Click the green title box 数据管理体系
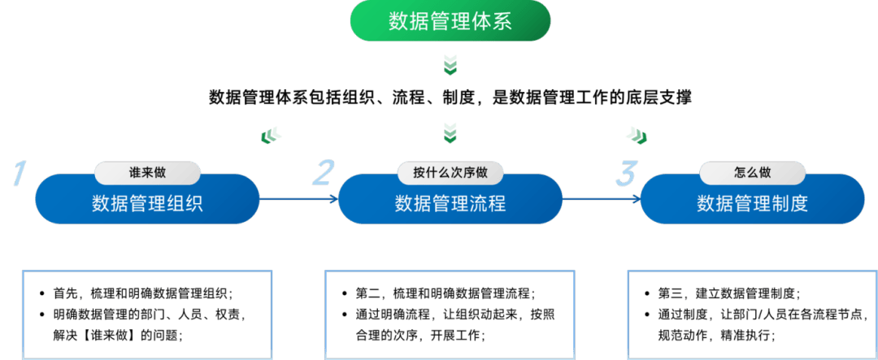pyautogui.click(x=450, y=21)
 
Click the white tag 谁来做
pyautogui.click(x=147, y=172)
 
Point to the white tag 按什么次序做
pyautogui.click(x=450, y=172)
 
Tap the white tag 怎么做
pyautogui.click(x=752, y=172)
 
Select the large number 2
pyautogui.click(x=324, y=173)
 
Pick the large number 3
pyautogui.click(x=627, y=173)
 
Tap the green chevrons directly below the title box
pyautogui.click(x=450, y=64)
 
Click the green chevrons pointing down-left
pyautogui.click(x=271, y=134)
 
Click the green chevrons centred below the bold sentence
pyautogui.click(x=450, y=132)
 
